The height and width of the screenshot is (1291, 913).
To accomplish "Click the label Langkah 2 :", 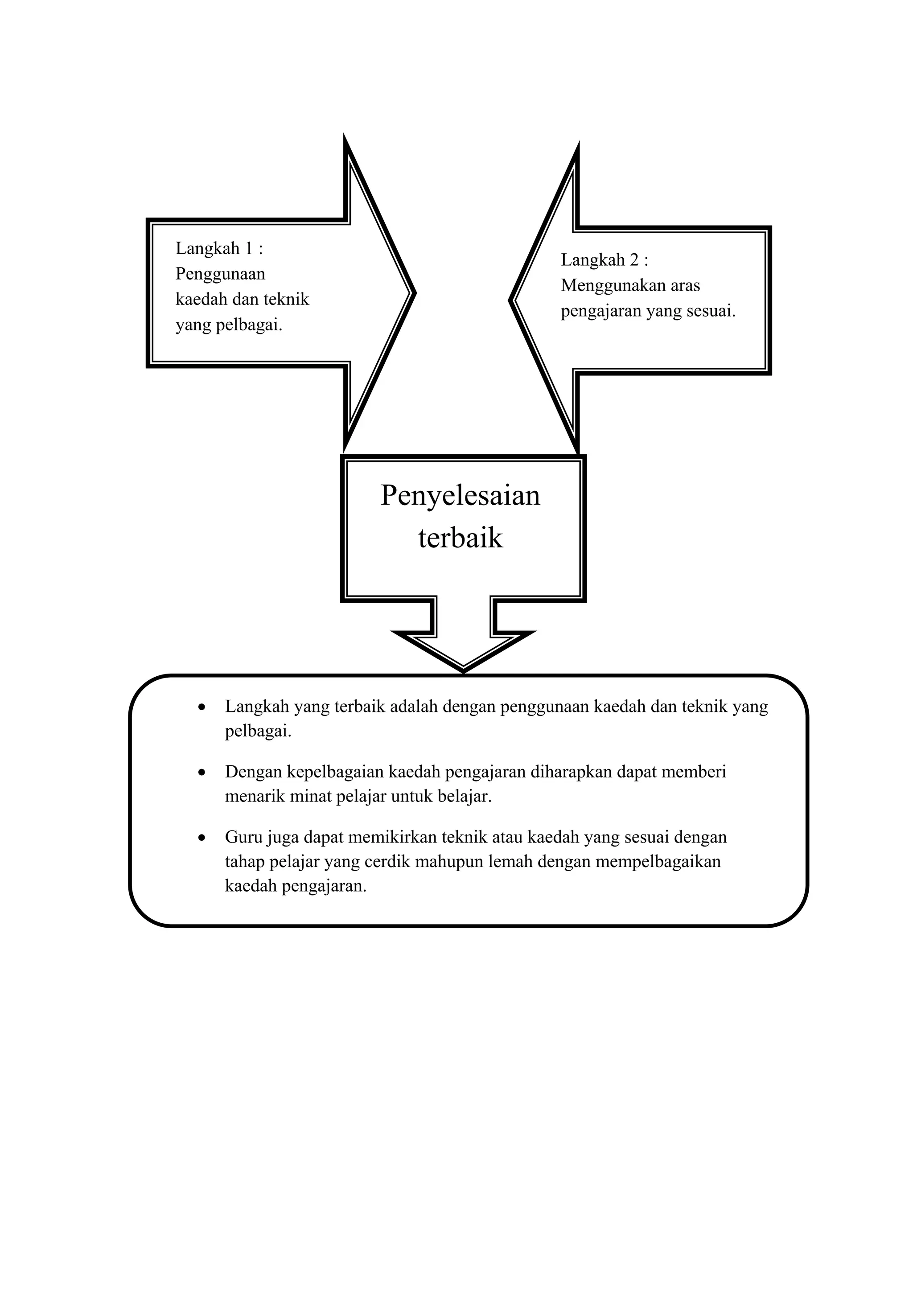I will (605, 260).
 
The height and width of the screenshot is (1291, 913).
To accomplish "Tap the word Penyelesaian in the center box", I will (460, 495).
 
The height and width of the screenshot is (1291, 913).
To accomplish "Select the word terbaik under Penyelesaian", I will (460, 538).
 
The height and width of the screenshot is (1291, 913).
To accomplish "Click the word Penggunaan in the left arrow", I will (220, 274).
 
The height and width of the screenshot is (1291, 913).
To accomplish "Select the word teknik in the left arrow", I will (287, 299).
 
